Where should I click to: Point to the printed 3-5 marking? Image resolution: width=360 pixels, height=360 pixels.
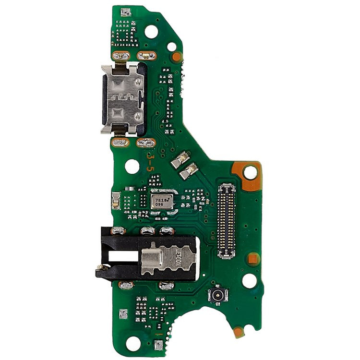tap(150, 162)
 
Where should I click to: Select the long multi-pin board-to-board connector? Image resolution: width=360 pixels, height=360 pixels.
tap(227, 220)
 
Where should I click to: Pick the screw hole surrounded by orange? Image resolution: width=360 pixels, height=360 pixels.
tap(250, 171)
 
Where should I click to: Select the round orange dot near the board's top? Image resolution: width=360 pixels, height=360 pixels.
tap(177, 57)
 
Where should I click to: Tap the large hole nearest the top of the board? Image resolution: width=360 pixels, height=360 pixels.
tap(151, 32)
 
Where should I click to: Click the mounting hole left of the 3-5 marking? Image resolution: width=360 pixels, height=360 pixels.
tap(132, 166)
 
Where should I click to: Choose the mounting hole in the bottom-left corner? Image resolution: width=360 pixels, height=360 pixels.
tap(134, 342)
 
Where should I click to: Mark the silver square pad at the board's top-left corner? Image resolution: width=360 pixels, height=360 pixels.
tap(125, 12)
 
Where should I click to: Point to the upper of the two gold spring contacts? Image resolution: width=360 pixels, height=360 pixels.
tap(180, 159)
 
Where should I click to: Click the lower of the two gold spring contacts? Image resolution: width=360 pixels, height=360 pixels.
tap(191, 170)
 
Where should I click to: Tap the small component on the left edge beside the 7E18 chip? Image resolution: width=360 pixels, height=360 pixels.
tap(116, 200)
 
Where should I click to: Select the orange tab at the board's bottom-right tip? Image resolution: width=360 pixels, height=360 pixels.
tap(238, 331)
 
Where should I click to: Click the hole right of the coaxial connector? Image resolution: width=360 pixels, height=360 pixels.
tap(249, 281)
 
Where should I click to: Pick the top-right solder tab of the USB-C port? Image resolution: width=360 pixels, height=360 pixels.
tap(146, 56)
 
